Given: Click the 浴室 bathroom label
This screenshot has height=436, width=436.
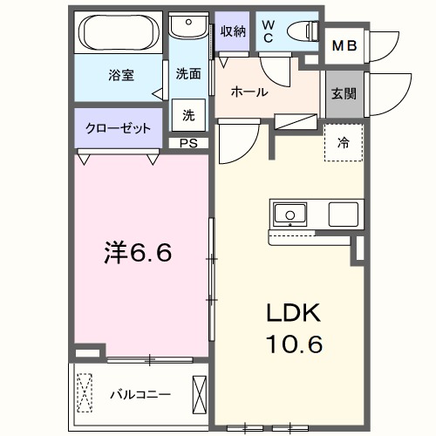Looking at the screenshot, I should click(x=120, y=75).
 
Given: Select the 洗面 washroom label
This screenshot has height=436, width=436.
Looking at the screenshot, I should click(x=188, y=74).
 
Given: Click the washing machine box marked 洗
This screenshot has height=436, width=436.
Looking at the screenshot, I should click(x=188, y=114).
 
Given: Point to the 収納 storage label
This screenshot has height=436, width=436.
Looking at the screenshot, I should click(x=232, y=31).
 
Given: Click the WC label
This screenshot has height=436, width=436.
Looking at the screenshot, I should click(x=268, y=31).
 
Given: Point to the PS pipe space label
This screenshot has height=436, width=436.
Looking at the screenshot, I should click(x=187, y=143).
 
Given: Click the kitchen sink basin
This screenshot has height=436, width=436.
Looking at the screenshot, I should click(x=288, y=213).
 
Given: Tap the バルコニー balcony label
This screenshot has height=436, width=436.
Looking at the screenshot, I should click(x=140, y=393).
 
